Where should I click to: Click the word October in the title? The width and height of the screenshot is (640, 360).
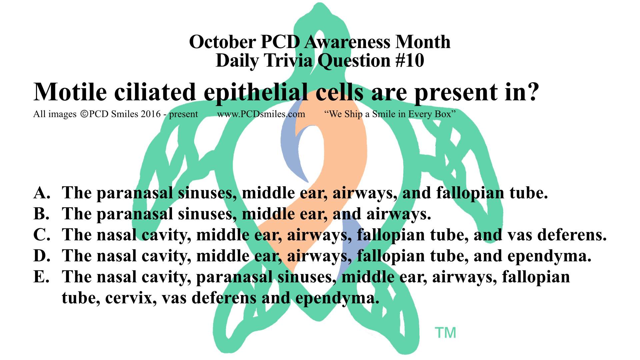(223, 42)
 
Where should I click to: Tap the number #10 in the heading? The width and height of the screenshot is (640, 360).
(410, 61)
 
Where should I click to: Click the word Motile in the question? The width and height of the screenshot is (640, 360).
(70, 92)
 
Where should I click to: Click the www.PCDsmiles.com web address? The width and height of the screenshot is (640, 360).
(261, 114)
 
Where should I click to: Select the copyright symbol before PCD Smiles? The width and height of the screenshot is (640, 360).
(84, 114)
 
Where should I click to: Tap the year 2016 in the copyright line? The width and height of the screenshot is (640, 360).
(151, 114)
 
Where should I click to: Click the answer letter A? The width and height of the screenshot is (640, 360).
(42, 193)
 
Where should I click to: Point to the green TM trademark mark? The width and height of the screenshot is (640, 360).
(445, 333)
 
